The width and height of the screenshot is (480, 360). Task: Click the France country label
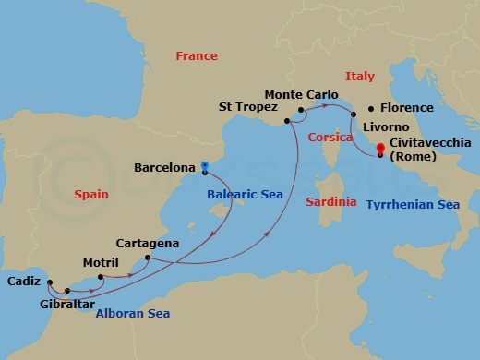coord(197,56)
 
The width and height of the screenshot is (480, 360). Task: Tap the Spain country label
coord(91,194)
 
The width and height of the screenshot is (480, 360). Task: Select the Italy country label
coord(360,77)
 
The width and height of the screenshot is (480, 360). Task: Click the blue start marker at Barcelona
coord(204,165)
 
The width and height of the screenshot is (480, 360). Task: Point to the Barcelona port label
coord(164,168)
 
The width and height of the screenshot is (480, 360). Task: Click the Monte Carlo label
coord(300,94)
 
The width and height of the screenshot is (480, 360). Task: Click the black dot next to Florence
coord(370,108)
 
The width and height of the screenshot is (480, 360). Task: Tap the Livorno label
coord(385,126)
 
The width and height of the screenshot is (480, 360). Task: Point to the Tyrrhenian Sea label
coord(412,203)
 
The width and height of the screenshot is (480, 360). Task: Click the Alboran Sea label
coord(133,313)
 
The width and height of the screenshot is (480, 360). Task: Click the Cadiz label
coord(22,281)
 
